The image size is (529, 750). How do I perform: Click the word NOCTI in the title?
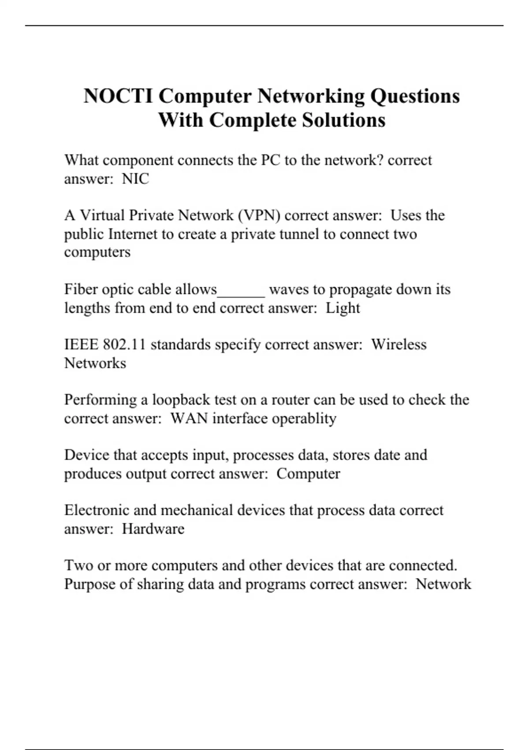118,96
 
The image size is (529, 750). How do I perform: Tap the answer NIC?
135,179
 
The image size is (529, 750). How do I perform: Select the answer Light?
343,307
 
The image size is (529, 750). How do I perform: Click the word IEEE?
82,344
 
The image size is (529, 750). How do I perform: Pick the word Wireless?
399,344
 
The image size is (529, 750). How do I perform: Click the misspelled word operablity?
304,418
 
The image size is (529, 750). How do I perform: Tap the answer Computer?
308,474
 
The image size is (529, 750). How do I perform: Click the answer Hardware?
153,529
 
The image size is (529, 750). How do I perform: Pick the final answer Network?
443,584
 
